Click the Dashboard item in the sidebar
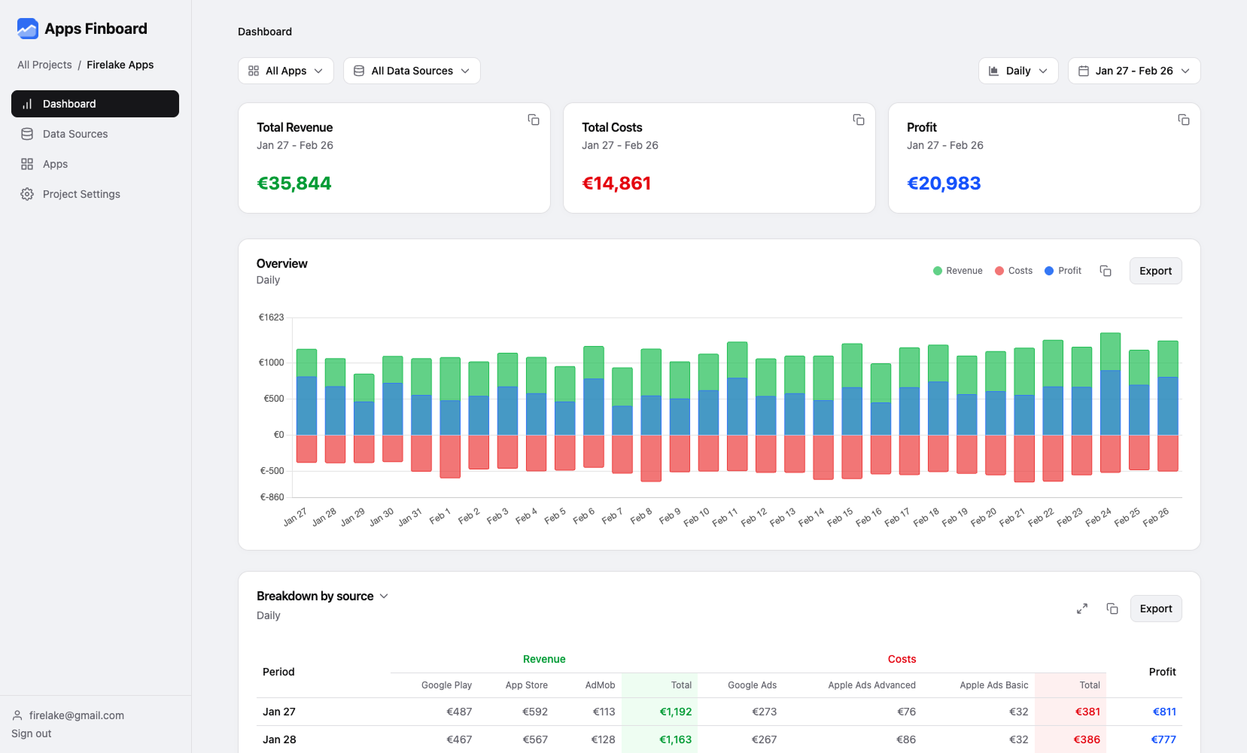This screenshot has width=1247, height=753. pos(95,104)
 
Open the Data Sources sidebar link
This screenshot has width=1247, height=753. pos(75,134)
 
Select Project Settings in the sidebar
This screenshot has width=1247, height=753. pos(81,194)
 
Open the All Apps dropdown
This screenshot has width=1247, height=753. pos(286,71)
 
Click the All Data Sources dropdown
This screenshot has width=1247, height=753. pos(412,71)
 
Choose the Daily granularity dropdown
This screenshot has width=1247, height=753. pos(1018,71)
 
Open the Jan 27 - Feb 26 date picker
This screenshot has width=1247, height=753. pos(1133,71)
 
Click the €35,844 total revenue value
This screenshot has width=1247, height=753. pos(294,184)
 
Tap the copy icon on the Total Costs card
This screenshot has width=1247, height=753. pos(858,120)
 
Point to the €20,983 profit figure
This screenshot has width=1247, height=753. pos(944,184)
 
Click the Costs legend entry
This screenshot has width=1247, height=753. pos(1014,271)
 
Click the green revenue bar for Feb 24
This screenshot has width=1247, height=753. pos(1110,351)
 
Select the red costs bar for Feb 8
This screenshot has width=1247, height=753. pos(651,457)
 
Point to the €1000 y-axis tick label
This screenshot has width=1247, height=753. pos(271,363)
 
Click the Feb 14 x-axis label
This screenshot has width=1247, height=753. pos(812,517)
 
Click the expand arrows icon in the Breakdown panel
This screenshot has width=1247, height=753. pos(1081,609)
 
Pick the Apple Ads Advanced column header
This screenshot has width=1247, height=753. pos(871,685)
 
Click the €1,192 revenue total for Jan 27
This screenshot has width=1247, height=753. pos(675,712)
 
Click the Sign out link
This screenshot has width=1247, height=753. pos(32,733)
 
